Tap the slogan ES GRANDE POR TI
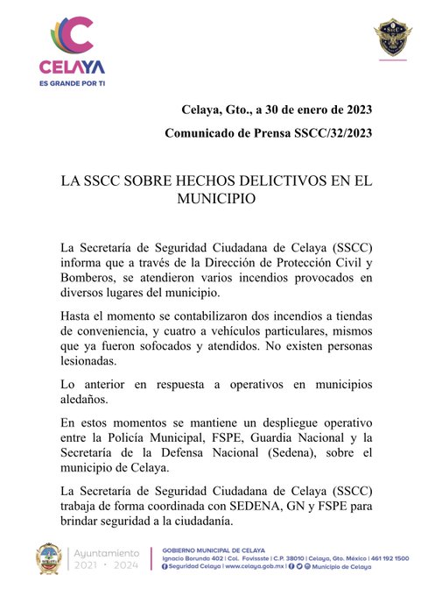[72, 82]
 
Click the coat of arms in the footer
[49, 561]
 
